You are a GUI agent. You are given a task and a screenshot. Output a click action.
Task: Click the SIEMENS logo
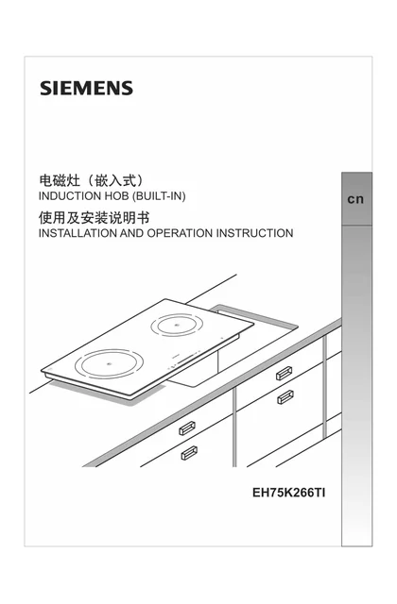pyautogui.click(x=86, y=88)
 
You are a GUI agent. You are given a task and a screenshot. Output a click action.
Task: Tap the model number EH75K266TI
pyautogui.click(x=288, y=493)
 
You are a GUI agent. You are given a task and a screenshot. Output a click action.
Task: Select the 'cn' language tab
pyautogui.click(x=355, y=199)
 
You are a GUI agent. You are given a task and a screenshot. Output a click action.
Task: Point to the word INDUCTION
pyautogui.click(x=70, y=196)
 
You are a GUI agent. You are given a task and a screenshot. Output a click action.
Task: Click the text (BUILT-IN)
pyautogui.click(x=159, y=196)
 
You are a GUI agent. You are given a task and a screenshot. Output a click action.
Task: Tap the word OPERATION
pyautogui.click(x=180, y=233)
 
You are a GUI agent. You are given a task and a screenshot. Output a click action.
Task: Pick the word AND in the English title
pyautogui.click(x=132, y=233)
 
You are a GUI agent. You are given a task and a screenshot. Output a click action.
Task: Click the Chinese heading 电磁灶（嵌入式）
pyautogui.click(x=92, y=180)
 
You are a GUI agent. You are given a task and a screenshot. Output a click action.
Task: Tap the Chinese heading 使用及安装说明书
pyautogui.click(x=94, y=218)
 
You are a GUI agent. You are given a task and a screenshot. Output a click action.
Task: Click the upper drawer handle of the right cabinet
pyautogui.click(x=284, y=374)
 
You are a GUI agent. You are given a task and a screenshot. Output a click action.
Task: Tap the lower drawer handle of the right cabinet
pyautogui.click(x=285, y=396)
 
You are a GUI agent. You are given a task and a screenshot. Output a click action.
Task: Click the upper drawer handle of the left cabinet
pyautogui.click(x=187, y=428)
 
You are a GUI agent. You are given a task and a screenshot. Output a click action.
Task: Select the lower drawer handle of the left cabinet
pyautogui.click(x=189, y=453)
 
